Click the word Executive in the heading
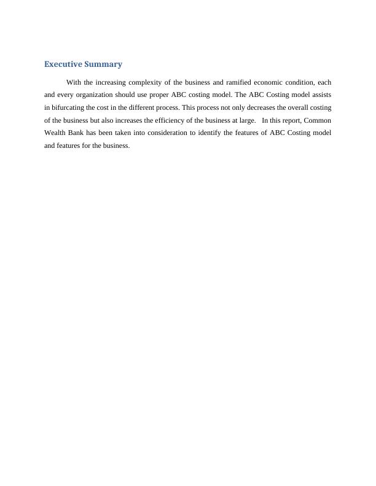point(63,64)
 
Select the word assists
point(319,95)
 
